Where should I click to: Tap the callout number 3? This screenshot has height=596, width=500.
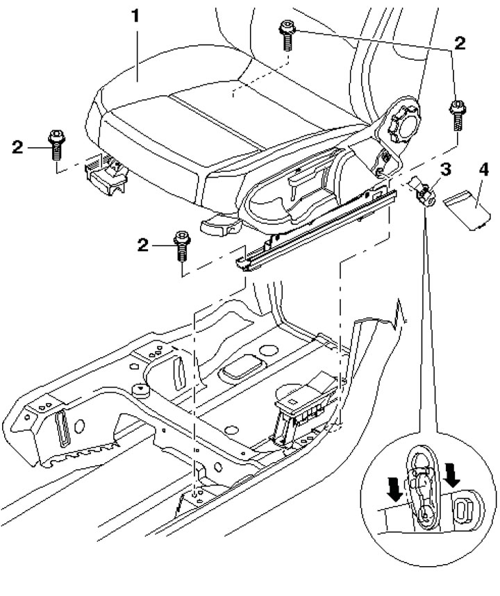tap(446, 169)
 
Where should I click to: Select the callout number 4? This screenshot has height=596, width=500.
tap(483, 169)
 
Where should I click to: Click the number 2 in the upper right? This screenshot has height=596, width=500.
tap(460, 43)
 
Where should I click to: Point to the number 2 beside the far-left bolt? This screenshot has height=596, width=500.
tap(17, 147)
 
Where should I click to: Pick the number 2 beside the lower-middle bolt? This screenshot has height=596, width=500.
tap(142, 245)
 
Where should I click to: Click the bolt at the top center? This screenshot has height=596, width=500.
tap(287, 35)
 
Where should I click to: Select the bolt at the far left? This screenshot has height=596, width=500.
tap(56, 145)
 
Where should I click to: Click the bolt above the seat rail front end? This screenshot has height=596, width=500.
tap(182, 246)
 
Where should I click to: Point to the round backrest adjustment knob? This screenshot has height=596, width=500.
tap(404, 124)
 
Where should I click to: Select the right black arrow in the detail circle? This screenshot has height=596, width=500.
tap(453, 474)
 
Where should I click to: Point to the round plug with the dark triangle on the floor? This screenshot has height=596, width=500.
tap(140, 391)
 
